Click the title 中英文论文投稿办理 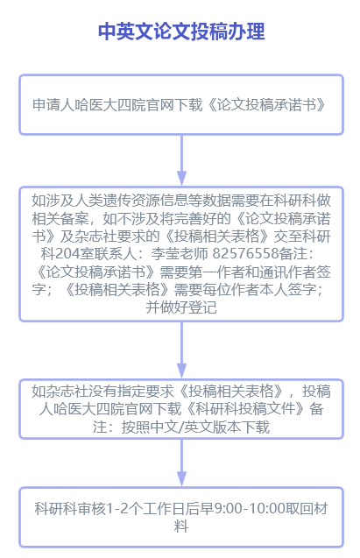pos(181,32)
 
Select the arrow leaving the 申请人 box pos(182,160)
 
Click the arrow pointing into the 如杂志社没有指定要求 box pos(182,350)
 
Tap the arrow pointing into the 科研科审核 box pos(182,463)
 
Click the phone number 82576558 pos(245,254)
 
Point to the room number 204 pos(67,254)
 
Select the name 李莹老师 pos(180,254)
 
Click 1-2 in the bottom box pos(117,509)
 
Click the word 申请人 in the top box pos(53,105)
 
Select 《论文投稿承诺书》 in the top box pos(266,105)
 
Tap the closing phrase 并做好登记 pos(181,307)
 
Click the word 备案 pos(74,218)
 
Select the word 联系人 pos(116,254)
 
